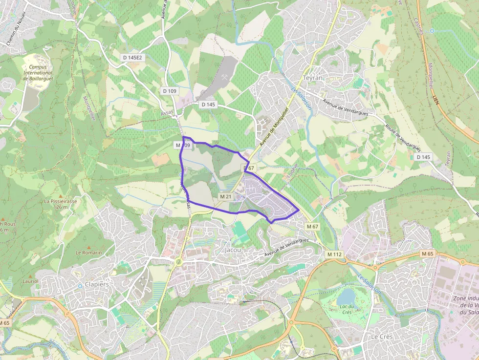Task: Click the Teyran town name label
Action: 313,78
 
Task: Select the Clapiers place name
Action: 97,284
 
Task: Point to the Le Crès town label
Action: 382,337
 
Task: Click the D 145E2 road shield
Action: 132,58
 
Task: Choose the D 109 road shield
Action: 170,91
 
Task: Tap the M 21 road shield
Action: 225,196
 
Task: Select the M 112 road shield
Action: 335,254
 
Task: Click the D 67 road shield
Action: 250,168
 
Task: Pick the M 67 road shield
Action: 313,227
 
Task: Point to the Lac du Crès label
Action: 347,309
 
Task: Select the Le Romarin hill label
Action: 88,253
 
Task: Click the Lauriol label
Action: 31,281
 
